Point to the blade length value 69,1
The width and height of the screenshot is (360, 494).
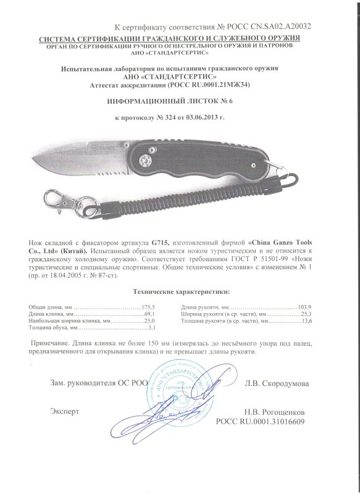pyautogui.click(x=148, y=314)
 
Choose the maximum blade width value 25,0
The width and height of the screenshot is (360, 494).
pyautogui.click(x=148, y=322)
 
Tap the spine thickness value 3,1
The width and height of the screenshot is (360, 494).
pyautogui.click(x=149, y=329)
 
